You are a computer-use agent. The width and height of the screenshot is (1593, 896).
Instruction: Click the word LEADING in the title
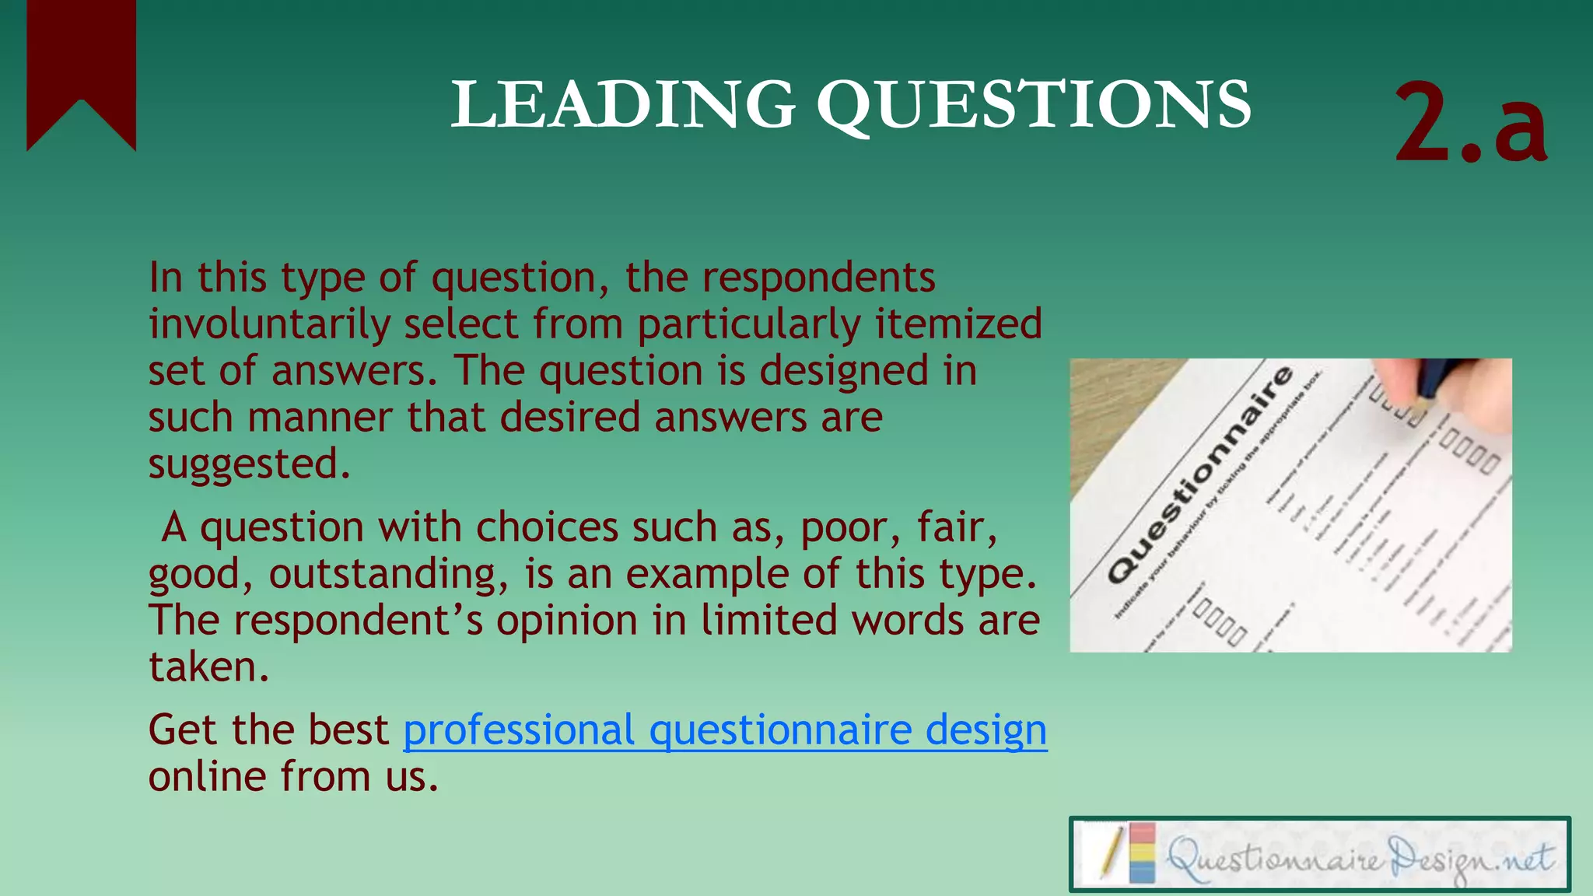tap(623, 105)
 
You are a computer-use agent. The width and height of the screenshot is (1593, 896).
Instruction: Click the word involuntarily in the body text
tap(268, 325)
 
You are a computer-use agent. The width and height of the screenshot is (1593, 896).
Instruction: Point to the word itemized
tap(958, 324)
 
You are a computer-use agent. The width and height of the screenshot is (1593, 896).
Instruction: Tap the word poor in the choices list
tap(843, 528)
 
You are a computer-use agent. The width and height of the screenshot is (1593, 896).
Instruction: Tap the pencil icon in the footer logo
tap(1111, 853)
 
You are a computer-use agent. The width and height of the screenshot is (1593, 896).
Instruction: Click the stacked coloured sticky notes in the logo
tap(1142, 853)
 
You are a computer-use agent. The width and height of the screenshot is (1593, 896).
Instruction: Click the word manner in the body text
tap(320, 418)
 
